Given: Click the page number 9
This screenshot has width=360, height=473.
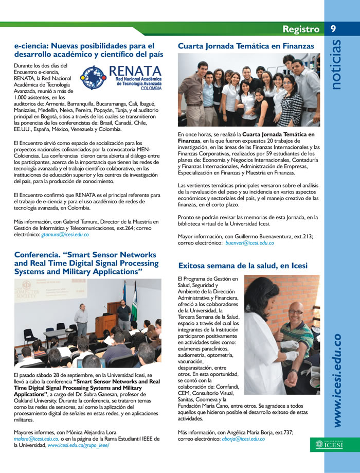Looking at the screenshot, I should point(333,29).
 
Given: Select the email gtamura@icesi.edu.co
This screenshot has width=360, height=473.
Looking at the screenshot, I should point(65,234).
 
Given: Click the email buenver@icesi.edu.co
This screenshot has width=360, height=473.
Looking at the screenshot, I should point(250,242).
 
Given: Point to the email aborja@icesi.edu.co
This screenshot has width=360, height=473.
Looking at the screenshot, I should point(243,439).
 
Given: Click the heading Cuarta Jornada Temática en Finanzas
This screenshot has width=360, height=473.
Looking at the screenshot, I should point(246,46).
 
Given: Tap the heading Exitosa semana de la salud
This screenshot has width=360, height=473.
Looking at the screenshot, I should point(243,266).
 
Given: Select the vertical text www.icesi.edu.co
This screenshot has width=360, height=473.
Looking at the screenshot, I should point(337,380).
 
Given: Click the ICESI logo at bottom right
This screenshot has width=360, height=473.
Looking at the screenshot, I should point(330,444).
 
